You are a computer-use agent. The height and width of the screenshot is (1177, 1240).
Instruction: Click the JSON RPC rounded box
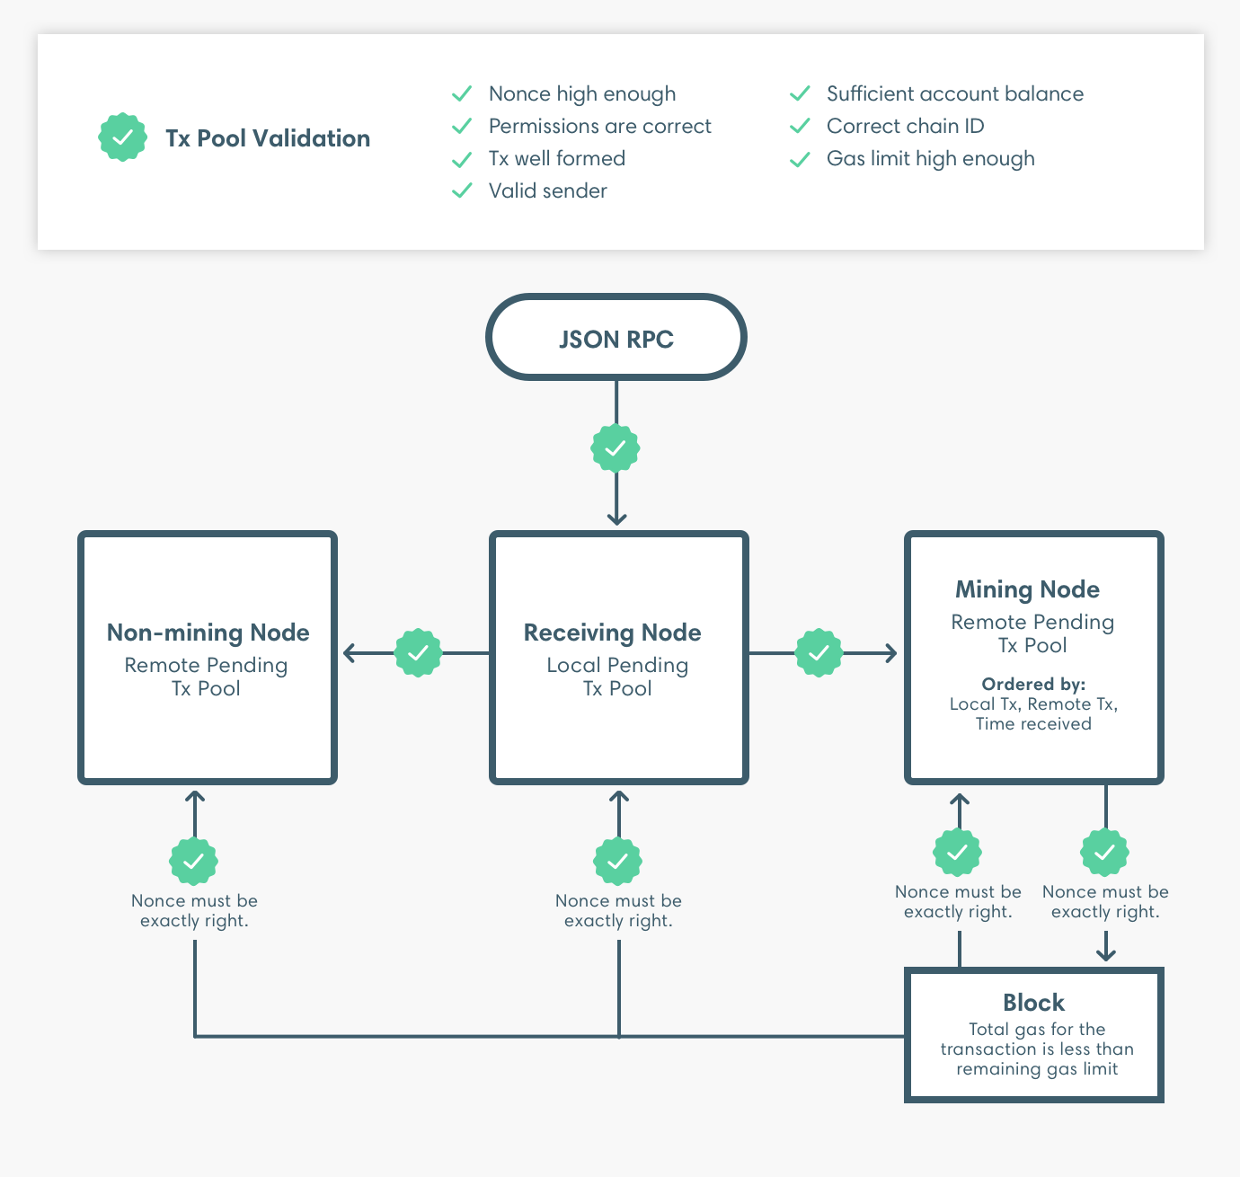point(616,338)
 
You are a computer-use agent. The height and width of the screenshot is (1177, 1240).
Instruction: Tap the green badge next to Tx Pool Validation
point(122,137)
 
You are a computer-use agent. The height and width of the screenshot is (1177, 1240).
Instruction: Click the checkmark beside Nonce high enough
point(462,93)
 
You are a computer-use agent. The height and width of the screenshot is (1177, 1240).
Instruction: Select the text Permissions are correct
point(599,126)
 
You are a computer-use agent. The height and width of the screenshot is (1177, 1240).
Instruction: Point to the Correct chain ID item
point(905,126)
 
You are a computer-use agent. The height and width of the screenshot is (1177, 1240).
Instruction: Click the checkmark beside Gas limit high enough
point(800,159)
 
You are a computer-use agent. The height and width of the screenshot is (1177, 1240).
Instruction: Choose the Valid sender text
point(547,190)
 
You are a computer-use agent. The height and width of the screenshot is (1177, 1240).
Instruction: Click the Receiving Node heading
point(612,633)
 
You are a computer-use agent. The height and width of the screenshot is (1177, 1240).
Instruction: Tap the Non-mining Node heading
point(208,633)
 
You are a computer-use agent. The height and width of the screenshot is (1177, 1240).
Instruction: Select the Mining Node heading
point(1027,589)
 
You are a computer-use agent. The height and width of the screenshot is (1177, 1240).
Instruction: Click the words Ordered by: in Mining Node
point(1033,684)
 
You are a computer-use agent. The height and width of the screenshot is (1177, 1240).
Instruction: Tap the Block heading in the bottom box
point(1033,1003)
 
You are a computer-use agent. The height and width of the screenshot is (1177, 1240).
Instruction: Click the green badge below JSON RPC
point(616,447)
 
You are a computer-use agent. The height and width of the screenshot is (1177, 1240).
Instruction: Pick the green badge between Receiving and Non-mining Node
point(418,653)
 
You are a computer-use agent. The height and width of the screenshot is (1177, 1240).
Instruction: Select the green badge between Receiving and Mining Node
point(819,653)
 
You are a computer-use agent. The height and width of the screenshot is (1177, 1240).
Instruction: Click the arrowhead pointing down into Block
point(1106,954)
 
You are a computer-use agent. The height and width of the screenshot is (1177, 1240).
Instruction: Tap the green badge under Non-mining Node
point(194,861)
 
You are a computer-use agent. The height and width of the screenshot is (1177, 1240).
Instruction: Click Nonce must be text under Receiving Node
point(618,900)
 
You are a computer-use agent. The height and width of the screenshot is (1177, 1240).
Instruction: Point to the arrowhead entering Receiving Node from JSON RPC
point(616,519)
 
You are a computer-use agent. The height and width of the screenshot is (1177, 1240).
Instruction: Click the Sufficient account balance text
point(954,93)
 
